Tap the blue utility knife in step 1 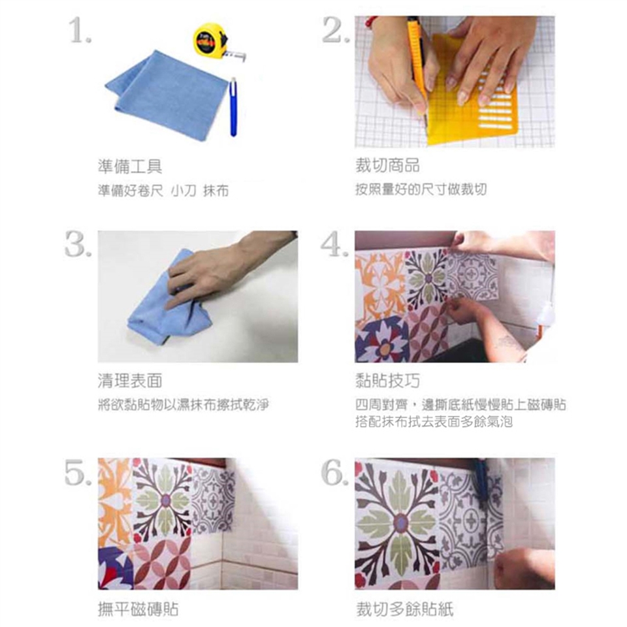coord(233,107)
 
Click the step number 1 coord(80,30)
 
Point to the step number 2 coord(336,30)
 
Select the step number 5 coord(78,472)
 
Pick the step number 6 coord(335,472)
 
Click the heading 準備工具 coord(130,167)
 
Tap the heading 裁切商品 coord(387,165)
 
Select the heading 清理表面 coord(130,381)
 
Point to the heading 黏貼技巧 coord(387,381)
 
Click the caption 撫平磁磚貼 coord(138,609)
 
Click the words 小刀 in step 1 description coord(184,191)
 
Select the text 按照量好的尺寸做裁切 coord(421,189)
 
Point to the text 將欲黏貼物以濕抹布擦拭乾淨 coord(184,405)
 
